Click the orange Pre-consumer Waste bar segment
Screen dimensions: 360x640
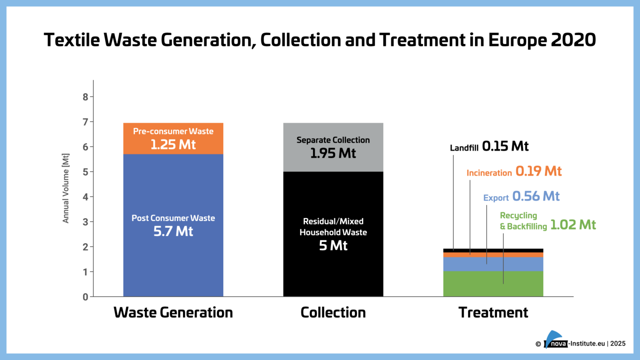173,138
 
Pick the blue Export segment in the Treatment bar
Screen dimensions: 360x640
517,264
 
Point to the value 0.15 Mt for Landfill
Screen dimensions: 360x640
505,146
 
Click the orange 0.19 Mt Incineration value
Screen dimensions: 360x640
538,171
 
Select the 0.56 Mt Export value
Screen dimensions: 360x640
536,196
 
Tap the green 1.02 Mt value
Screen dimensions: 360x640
573,225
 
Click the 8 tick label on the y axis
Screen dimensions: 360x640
85,97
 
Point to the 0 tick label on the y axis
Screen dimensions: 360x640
85,297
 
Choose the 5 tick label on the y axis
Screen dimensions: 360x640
85,172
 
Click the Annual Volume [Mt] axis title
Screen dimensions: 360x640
66,188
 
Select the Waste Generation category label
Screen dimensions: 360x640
173,312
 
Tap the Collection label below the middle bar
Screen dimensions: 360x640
333,312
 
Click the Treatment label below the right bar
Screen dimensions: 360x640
493,312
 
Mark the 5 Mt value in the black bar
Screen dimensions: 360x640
333,245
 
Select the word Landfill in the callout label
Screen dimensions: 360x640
464,148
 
